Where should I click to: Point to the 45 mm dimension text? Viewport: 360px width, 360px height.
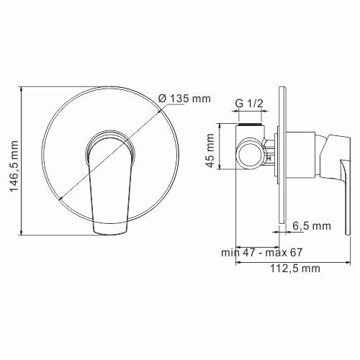tap(210, 150)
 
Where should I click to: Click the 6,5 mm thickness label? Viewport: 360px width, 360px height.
tap(311, 226)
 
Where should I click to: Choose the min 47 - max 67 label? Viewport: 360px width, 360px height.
tap(262, 252)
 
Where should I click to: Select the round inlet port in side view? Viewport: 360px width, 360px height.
tap(251, 152)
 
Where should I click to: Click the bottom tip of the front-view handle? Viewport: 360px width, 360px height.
tap(112, 231)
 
